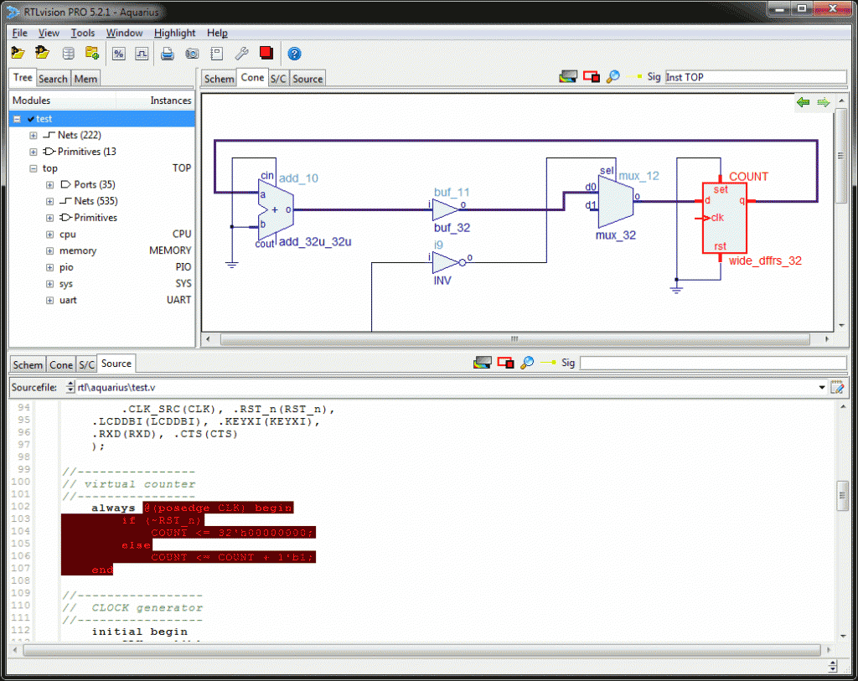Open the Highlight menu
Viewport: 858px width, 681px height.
click(174, 33)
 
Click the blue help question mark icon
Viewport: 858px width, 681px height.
click(294, 54)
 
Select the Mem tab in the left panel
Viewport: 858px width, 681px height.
click(85, 79)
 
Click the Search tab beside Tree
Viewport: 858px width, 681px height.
click(53, 79)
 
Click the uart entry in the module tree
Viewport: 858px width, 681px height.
click(68, 300)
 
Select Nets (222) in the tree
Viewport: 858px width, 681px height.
click(80, 135)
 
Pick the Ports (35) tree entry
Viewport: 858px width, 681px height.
click(96, 184)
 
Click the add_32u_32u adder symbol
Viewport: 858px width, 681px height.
click(276, 209)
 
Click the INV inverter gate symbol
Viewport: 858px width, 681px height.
click(445, 262)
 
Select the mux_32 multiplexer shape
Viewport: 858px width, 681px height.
click(614, 202)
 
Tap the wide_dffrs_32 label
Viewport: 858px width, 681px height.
click(765, 261)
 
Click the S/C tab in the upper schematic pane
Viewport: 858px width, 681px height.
click(278, 79)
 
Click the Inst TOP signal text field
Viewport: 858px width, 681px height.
click(754, 77)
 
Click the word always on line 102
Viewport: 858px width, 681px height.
click(113, 508)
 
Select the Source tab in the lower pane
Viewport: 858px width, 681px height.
click(116, 364)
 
